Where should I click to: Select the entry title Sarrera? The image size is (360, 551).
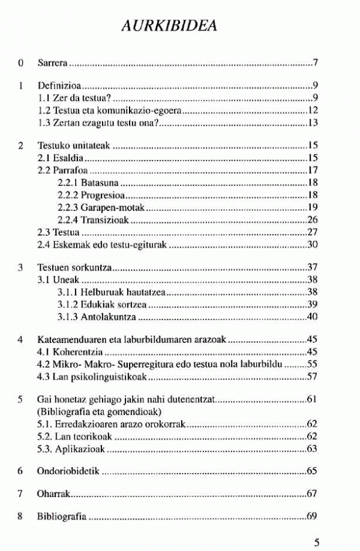coord(51,62)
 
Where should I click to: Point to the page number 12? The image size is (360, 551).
coord(312,111)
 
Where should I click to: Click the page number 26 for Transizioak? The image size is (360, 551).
coord(312,219)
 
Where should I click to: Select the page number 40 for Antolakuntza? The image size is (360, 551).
coord(312,316)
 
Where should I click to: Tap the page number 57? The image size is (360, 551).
coord(312,377)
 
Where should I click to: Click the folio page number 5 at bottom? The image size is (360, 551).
coord(316,543)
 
